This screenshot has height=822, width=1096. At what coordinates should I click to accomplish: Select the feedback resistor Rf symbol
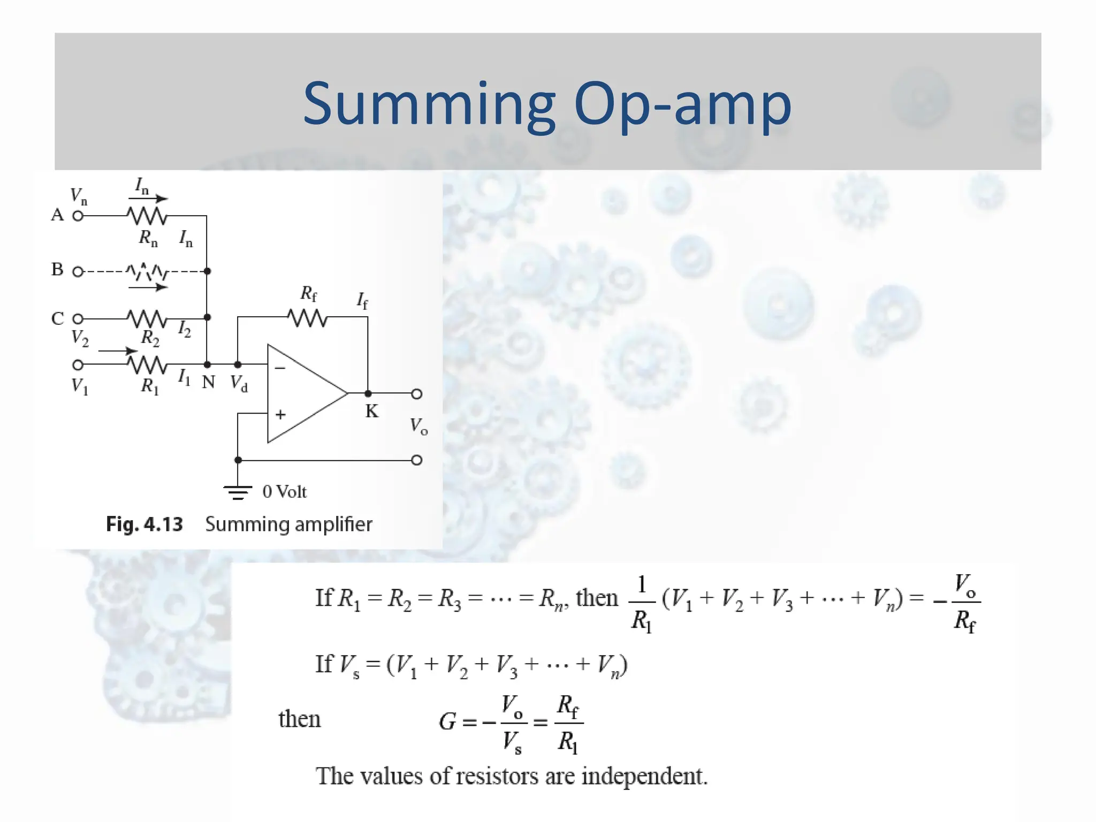tap(308, 318)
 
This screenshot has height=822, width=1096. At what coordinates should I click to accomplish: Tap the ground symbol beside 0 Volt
tap(238, 491)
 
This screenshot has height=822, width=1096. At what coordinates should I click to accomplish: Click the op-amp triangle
tap(302, 393)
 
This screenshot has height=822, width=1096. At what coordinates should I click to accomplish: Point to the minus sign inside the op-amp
tap(280, 368)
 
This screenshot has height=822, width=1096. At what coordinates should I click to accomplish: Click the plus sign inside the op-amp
tap(280, 414)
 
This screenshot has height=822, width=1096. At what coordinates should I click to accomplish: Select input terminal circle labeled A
tap(78, 216)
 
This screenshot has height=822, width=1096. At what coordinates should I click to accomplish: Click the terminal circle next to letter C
tap(78, 319)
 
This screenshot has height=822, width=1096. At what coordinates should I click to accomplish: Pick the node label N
tap(208, 382)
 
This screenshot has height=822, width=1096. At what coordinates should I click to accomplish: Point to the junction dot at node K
tap(368, 393)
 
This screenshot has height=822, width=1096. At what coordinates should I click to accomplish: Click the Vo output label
tap(418, 427)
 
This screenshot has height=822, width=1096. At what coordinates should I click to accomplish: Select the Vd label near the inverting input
tap(239, 383)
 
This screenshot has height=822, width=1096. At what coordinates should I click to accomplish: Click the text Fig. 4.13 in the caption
tap(144, 524)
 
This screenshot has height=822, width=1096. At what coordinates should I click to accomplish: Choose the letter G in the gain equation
tap(448, 721)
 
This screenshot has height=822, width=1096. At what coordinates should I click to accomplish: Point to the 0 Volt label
tap(284, 491)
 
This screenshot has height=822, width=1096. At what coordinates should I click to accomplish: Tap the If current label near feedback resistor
tap(362, 300)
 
